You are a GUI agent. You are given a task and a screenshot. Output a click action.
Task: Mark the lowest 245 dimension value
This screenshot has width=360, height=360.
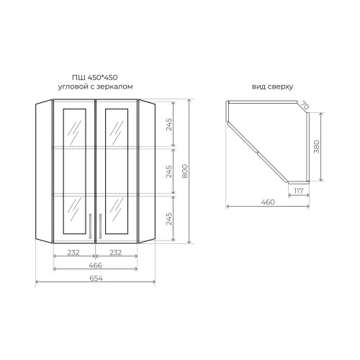(168, 217)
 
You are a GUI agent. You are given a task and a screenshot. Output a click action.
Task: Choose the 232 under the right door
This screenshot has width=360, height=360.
(117, 252)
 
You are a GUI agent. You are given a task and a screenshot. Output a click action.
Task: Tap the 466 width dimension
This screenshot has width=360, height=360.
(96, 266)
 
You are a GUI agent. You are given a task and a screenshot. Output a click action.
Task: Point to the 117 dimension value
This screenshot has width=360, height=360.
(297, 191)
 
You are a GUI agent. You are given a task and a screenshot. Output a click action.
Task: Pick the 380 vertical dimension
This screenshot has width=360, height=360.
(317, 148)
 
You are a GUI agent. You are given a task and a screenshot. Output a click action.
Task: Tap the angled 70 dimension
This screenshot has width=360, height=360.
(305, 107)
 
